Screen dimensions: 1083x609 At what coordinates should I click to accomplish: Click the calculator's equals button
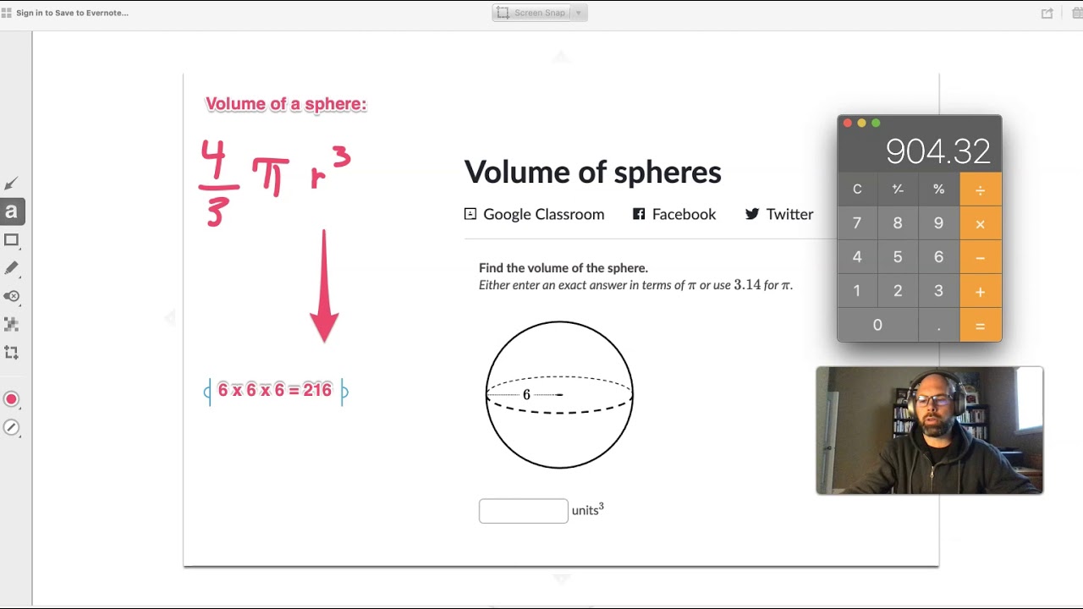click(x=980, y=326)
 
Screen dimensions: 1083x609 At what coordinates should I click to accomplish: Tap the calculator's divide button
click(x=980, y=189)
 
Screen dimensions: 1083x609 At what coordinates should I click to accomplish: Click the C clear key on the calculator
click(x=857, y=189)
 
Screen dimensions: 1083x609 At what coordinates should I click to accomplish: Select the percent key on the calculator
click(x=939, y=189)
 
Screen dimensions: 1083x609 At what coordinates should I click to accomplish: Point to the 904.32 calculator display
click(x=938, y=151)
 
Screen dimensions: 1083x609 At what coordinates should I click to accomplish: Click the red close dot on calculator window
click(x=848, y=123)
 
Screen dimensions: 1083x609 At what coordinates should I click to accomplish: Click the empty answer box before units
click(x=523, y=511)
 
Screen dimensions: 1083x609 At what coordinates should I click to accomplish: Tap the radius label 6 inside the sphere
click(x=526, y=395)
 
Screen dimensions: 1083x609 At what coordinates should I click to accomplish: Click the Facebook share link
click(x=674, y=214)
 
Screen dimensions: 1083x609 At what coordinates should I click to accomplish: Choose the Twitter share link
click(x=779, y=214)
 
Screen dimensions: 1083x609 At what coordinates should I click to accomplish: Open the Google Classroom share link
click(x=534, y=214)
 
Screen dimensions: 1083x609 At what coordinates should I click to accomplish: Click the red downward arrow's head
click(x=324, y=327)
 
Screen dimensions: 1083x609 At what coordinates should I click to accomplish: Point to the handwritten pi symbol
click(x=271, y=177)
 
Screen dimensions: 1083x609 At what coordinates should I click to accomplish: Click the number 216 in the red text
click(x=317, y=390)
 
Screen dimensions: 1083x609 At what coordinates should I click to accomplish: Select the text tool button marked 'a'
click(x=12, y=211)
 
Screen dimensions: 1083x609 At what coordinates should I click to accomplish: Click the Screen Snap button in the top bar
click(x=540, y=13)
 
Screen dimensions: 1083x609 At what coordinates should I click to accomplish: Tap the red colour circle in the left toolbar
click(x=11, y=399)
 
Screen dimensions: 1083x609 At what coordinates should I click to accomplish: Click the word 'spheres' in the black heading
click(x=668, y=173)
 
